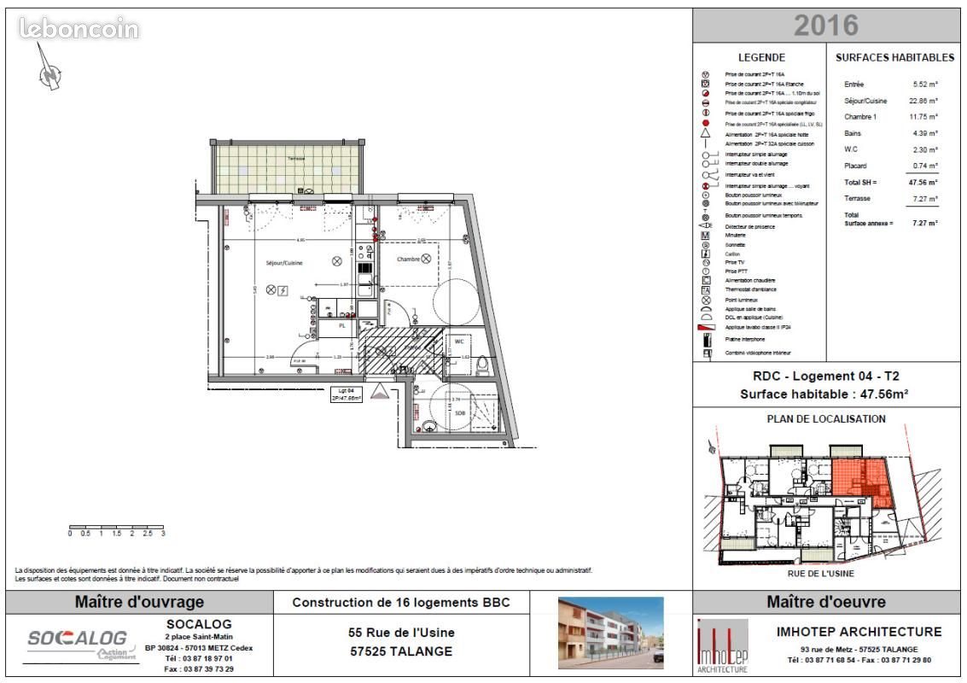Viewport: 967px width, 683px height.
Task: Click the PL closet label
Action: pyautogui.click(x=342, y=325)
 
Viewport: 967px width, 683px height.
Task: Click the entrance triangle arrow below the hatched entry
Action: pyautogui.click(x=382, y=393)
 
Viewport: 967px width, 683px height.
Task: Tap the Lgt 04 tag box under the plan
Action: pyautogui.click(x=347, y=394)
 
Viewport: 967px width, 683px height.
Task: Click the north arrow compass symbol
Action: pyautogui.click(x=50, y=70)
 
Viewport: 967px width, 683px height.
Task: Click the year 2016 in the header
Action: pyautogui.click(x=825, y=25)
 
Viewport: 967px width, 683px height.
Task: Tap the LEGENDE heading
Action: pyautogui.click(x=761, y=57)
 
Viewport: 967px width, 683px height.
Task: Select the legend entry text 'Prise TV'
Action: pyautogui.click(x=736, y=262)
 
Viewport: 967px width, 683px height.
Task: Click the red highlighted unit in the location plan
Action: pyautogui.click(x=858, y=478)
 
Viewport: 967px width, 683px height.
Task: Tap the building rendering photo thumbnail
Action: pyautogui.click(x=610, y=632)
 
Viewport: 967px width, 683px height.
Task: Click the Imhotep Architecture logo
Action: pyautogui.click(x=722, y=645)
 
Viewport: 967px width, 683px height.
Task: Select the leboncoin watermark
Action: pyautogui.click(x=79, y=29)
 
